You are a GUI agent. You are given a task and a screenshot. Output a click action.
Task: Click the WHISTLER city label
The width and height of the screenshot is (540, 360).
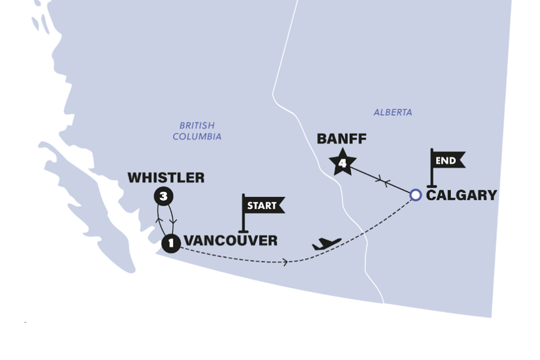pyautogui.click(x=166, y=178)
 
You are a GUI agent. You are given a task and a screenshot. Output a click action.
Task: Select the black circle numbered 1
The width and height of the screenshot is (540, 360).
pyautogui.click(x=171, y=243)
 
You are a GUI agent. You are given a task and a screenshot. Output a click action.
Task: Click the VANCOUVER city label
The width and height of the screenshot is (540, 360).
pyautogui.click(x=230, y=241)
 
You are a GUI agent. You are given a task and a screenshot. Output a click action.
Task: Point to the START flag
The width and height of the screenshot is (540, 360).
pyautogui.click(x=263, y=206)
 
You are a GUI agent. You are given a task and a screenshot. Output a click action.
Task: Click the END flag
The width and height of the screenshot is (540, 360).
pyautogui.click(x=447, y=160)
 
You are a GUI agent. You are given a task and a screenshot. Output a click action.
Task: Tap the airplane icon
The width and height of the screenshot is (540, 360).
pyautogui.click(x=327, y=244)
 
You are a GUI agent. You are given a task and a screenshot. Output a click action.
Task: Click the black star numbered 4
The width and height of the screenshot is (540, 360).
pyautogui.click(x=342, y=162)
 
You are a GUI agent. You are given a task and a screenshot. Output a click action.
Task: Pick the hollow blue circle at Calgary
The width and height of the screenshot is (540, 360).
pyautogui.click(x=415, y=195)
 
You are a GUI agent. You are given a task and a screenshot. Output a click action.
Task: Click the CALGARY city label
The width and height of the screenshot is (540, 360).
pyautogui.click(x=461, y=195)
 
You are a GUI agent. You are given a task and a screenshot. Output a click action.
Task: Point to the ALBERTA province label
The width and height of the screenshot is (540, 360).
pyautogui.click(x=392, y=112)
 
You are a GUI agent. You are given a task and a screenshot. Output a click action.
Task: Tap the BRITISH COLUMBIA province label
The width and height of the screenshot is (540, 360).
pyautogui.click(x=197, y=131)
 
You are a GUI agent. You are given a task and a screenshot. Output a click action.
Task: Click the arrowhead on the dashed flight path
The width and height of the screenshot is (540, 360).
pyautogui.click(x=285, y=261)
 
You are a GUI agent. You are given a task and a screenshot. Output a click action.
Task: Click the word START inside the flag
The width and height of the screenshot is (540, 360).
pyautogui.click(x=262, y=206)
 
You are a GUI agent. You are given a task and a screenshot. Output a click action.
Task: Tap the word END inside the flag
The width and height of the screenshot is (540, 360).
pyautogui.click(x=445, y=160)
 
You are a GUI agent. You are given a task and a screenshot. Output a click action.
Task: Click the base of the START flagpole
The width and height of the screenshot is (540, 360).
pyautogui.click(x=243, y=230)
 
